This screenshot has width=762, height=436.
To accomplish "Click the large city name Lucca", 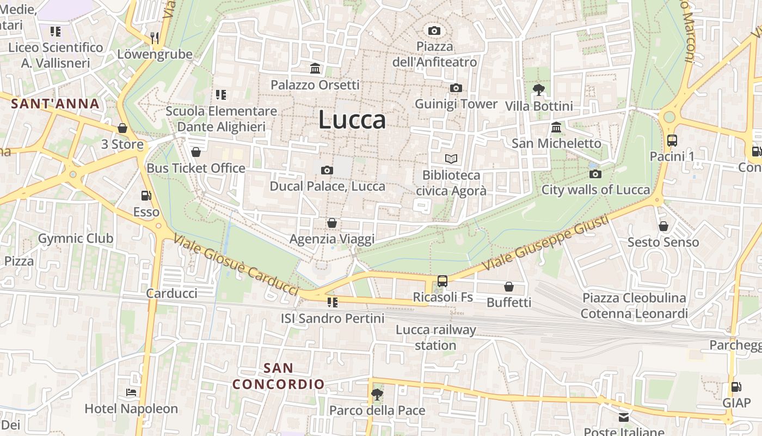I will tap(352, 119).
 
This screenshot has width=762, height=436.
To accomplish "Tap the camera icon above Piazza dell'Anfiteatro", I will tap(434, 31).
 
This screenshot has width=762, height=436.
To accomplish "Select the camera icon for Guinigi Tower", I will tap(456, 88).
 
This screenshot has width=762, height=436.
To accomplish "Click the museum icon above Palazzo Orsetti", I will tap(315, 69).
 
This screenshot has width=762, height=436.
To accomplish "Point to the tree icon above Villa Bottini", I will tap(539, 89).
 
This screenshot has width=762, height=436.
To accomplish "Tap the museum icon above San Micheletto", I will tap(556, 128).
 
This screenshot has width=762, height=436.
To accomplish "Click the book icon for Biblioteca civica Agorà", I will tap(451, 159).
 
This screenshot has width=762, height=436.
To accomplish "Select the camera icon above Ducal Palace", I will tap(327, 170).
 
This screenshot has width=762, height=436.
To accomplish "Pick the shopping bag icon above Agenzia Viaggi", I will tap(331, 223).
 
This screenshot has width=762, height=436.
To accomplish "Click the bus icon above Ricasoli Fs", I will tap(443, 281).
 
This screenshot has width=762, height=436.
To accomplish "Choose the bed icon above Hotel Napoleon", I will tap(131, 392).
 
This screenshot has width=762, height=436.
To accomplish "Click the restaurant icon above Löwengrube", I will tap(155, 38).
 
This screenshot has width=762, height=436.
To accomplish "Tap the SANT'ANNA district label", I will tap(55, 104).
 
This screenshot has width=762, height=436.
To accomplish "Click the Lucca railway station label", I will tap(435, 337).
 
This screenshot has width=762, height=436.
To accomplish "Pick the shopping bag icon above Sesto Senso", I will tap(663, 226).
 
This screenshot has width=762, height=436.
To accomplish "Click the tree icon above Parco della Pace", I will tap(377, 394).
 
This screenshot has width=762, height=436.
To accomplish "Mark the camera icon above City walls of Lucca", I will tap(595, 174).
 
